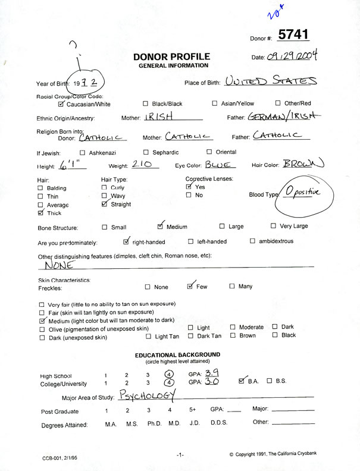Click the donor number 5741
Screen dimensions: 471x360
coord(293,34)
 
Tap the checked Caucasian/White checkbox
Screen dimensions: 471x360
coord(61,103)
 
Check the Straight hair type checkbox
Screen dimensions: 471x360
coord(105,203)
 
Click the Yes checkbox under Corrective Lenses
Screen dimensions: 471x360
coord(189,187)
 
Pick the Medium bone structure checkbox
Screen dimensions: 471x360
coord(161,226)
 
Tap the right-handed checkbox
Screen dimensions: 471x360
coord(126,241)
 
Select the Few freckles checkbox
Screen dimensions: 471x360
coord(190,286)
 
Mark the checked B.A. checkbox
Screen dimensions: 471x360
coord(242,381)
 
